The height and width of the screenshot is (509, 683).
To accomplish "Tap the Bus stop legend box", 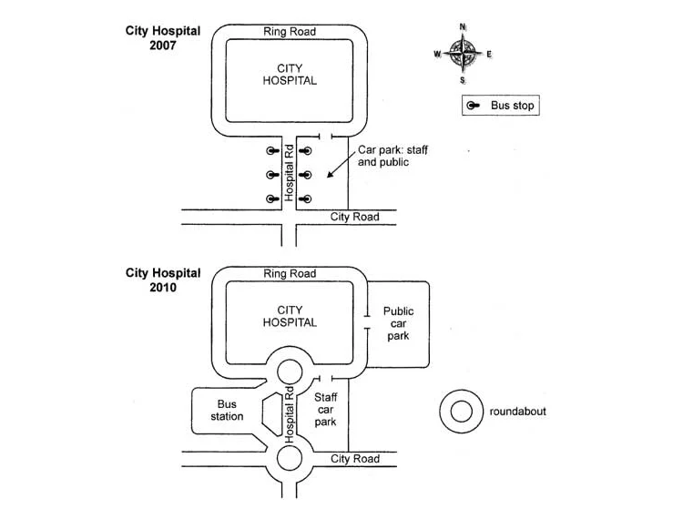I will click(x=503, y=107).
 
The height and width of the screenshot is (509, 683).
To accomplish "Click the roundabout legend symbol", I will click(x=461, y=412).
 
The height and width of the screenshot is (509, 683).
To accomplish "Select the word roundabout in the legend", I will click(x=517, y=412).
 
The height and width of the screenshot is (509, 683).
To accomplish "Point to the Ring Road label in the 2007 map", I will click(x=290, y=32).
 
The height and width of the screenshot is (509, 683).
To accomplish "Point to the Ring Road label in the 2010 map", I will click(x=290, y=273).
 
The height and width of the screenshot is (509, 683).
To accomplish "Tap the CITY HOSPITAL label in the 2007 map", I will click(x=290, y=74).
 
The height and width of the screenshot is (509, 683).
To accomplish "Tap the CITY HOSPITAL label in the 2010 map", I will click(x=290, y=316).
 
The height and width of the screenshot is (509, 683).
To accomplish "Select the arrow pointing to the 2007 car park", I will click(x=342, y=167).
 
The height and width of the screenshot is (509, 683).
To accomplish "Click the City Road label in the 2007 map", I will click(x=354, y=217).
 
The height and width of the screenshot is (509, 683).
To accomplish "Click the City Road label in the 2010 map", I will click(x=354, y=459).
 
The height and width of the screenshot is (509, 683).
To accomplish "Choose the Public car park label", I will click(x=398, y=323).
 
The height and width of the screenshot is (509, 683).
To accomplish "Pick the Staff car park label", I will click(x=325, y=410).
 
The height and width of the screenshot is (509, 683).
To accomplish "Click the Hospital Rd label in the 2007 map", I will click(x=289, y=172).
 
